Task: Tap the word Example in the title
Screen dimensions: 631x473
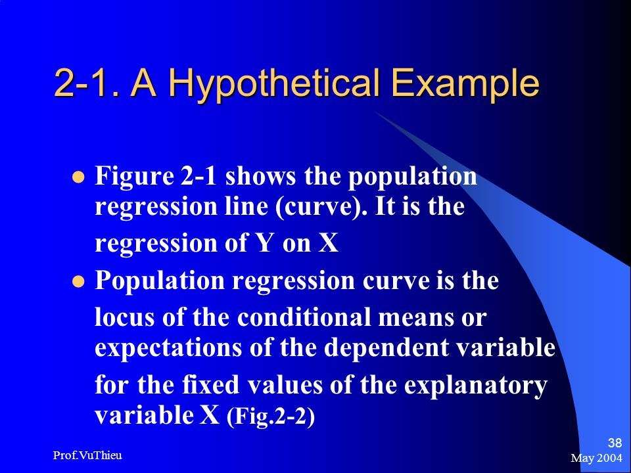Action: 465,84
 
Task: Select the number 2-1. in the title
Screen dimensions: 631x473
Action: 87,83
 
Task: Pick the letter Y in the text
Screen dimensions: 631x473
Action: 264,243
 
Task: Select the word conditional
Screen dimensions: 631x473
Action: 304,317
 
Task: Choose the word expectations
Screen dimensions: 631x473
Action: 168,348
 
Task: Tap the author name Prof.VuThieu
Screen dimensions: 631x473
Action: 87,455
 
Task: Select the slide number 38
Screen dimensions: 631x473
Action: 615,443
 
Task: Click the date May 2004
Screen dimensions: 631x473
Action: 596,458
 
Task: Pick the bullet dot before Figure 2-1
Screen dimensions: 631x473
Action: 79,177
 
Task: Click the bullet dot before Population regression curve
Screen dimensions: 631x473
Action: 79,281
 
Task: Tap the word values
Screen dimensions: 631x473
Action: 285,384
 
